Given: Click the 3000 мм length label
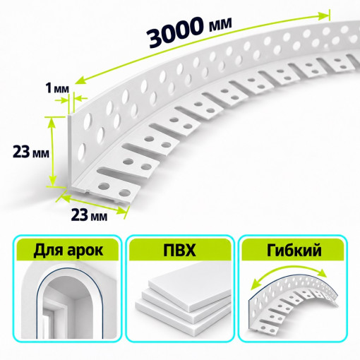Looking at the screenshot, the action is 190,31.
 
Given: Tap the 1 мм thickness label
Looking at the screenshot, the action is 57,88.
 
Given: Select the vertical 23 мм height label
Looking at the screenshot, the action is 31,152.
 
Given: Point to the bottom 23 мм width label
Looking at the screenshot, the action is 89,215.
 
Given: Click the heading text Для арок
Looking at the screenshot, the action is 68,250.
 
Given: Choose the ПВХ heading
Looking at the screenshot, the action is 180,250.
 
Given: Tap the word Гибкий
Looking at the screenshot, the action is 294,250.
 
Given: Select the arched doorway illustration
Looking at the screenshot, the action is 68,300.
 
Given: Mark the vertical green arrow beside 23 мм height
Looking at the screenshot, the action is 52,152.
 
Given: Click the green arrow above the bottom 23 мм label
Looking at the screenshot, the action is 92,203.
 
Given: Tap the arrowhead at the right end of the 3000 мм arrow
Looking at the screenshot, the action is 324,16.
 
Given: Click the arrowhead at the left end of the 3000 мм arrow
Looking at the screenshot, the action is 80,79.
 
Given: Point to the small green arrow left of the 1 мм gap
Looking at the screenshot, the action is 61,100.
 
